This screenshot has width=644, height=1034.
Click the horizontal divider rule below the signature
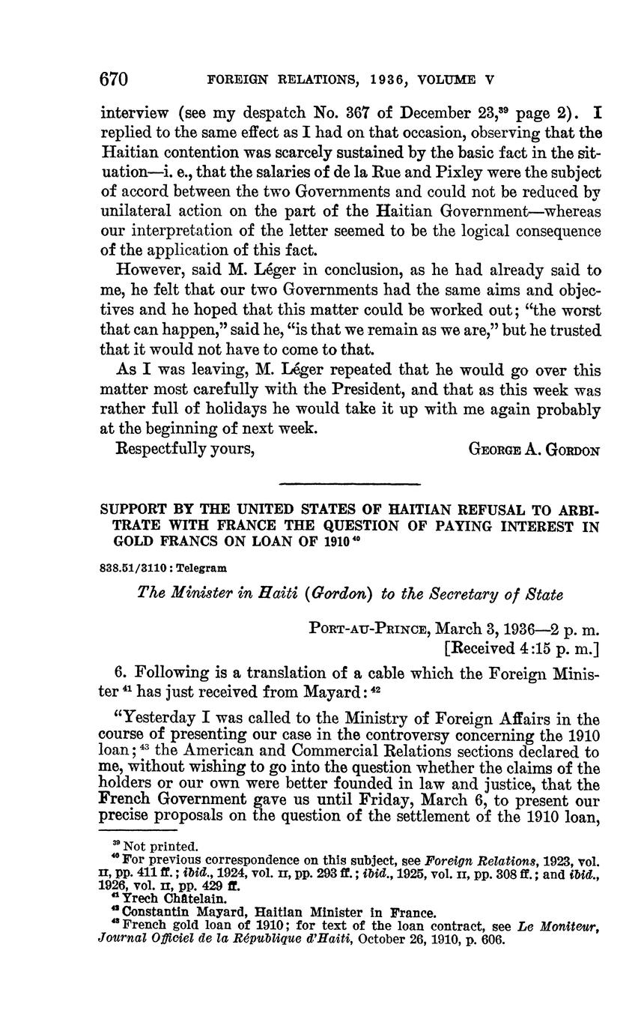(349, 483)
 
